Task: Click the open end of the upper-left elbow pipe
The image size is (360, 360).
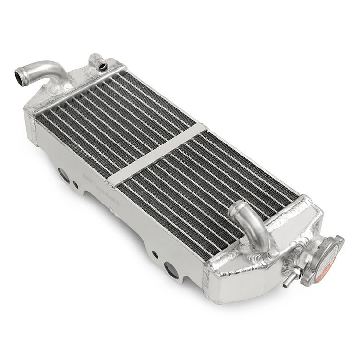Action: (x=21, y=75)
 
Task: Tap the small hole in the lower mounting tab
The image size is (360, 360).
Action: (x=155, y=254)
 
